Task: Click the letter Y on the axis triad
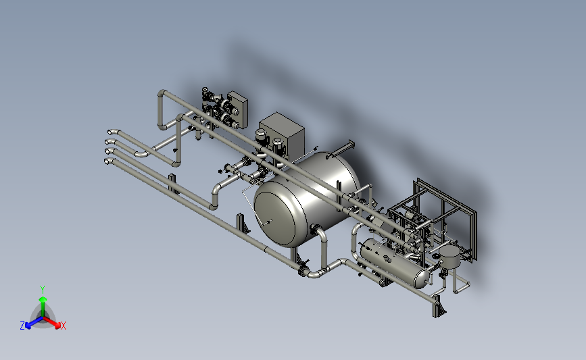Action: [x=43, y=290]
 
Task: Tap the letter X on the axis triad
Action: [x=63, y=326]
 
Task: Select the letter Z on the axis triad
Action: [x=22, y=326]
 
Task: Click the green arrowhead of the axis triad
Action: [x=43, y=299]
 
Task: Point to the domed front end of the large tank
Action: [x=278, y=218]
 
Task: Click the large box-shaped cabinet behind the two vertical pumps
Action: [x=282, y=134]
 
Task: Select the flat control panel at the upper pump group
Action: [x=238, y=108]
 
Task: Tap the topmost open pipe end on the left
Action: [x=111, y=132]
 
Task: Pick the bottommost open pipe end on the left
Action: [x=107, y=161]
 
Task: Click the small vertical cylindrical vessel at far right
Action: [x=450, y=255]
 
